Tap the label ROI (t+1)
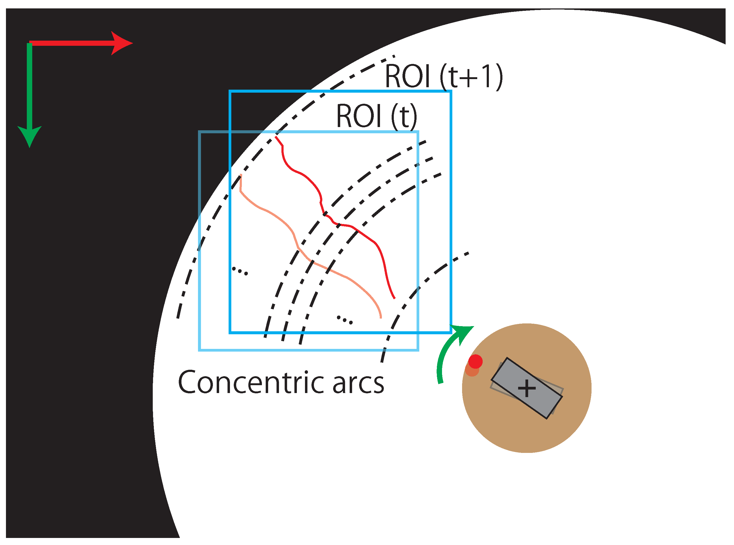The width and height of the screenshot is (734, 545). [444, 77]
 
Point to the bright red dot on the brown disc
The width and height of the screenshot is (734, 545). [475, 362]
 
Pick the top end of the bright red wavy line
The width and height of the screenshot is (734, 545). [276, 137]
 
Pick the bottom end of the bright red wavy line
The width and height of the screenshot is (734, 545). [395, 299]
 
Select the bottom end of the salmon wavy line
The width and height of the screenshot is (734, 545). [381, 318]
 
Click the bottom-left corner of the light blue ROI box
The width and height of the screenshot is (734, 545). [200, 350]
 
